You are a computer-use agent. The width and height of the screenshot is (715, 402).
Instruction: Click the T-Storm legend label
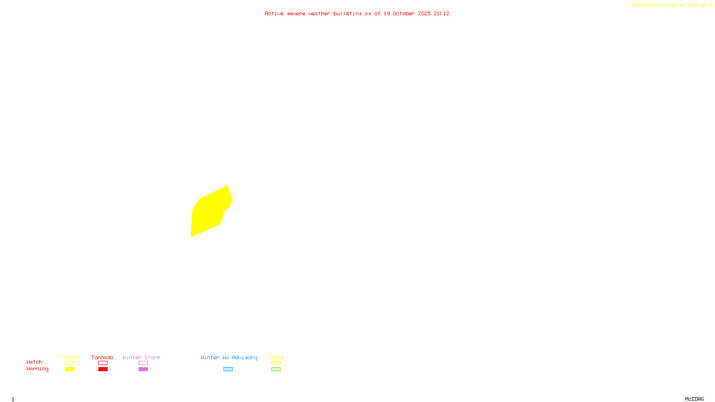(x=69, y=357)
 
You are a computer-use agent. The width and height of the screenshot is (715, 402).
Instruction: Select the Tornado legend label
(x=102, y=357)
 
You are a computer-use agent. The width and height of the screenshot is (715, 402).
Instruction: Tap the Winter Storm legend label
(x=141, y=357)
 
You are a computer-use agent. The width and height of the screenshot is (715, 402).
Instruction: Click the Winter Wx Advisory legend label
(x=229, y=357)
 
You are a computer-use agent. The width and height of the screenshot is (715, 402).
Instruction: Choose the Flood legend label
(x=276, y=357)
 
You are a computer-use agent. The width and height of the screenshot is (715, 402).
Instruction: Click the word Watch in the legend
(x=34, y=362)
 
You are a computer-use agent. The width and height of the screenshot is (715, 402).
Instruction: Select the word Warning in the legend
(x=37, y=369)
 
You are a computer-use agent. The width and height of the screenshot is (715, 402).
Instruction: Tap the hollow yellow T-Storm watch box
(x=69, y=363)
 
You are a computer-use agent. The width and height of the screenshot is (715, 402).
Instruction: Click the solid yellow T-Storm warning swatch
(x=69, y=369)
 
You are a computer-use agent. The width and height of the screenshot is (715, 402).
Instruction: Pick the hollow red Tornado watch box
(x=103, y=363)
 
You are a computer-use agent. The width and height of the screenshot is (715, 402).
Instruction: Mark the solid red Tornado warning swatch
(x=103, y=369)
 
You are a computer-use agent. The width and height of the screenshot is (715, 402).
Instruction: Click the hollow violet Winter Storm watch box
(x=143, y=363)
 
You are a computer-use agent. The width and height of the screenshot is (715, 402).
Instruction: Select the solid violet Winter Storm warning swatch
(x=143, y=369)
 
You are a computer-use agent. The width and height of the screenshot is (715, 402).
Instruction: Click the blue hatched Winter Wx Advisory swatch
(x=228, y=369)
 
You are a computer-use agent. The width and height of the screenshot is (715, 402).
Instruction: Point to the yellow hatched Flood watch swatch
(x=276, y=363)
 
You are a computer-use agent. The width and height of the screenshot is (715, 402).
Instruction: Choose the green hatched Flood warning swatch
(x=276, y=369)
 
